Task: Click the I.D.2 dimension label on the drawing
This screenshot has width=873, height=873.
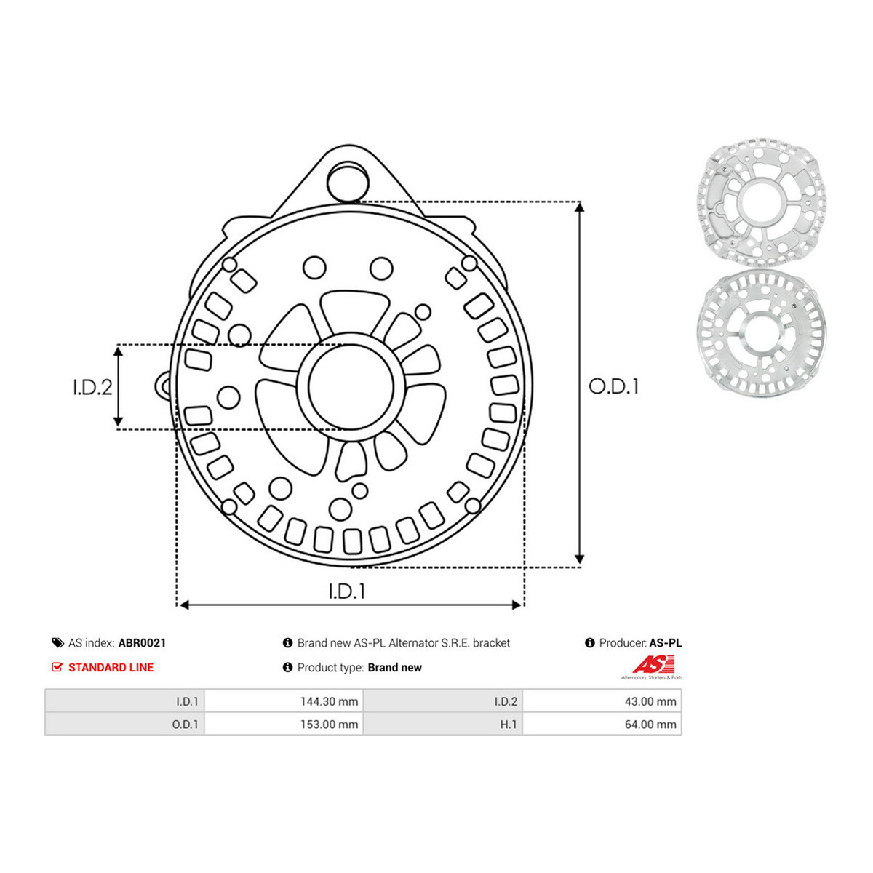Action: tap(92, 387)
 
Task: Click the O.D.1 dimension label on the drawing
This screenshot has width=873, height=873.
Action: tap(613, 386)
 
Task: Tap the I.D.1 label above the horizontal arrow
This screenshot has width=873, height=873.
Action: tap(347, 591)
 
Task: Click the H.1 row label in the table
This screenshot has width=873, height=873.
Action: tap(509, 725)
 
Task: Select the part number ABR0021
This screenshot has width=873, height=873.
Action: tap(143, 643)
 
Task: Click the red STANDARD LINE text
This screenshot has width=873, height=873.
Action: tap(111, 667)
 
